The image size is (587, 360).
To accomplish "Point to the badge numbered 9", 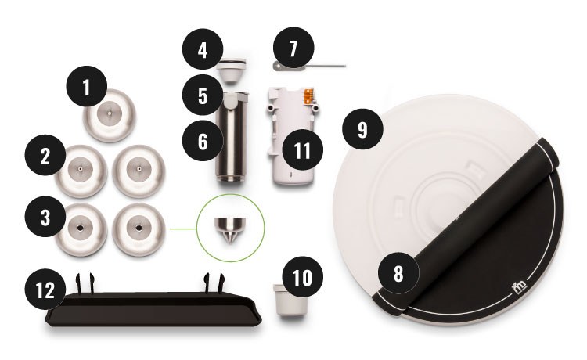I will [x=362, y=129].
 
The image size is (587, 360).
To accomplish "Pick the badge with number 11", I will [x=300, y=151].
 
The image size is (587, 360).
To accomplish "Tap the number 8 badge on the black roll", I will [x=398, y=275].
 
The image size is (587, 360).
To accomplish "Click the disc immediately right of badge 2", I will [x=138, y=170].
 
